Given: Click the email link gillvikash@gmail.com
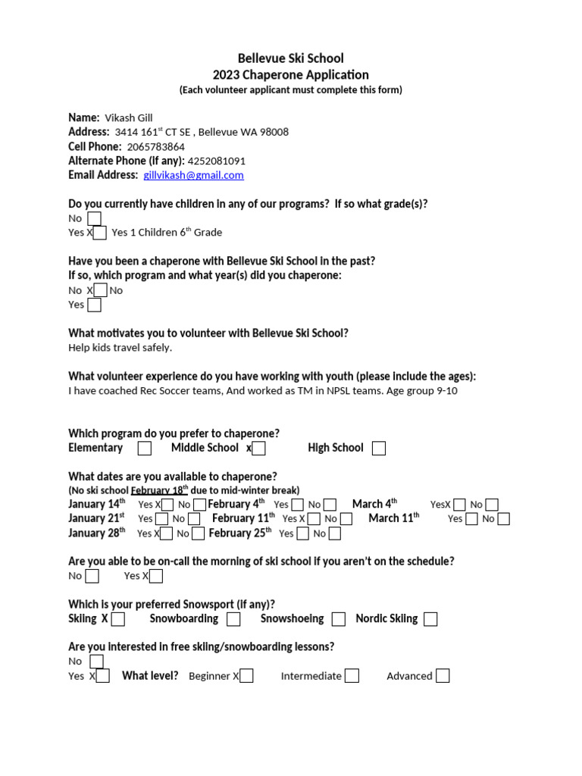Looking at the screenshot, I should pyautogui.click(x=193, y=175).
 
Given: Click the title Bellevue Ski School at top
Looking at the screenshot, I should pyautogui.click(x=291, y=58).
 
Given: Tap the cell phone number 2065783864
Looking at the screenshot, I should pyautogui.click(x=155, y=146).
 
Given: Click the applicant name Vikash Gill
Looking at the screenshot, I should pyautogui.click(x=130, y=117).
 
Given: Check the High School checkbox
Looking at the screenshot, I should pyautogui.click(x=379, y=449).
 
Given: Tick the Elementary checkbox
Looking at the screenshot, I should pyautogui.click(x=145, y=449).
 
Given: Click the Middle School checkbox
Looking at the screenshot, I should pyautogui.click(x=259, y=449).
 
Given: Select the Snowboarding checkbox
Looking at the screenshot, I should pyautogui.click(x=233, y=619).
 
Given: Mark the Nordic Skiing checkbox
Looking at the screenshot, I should pyautogui.click(x=430, y=619).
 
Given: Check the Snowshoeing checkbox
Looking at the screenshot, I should pyautogui.click(x=339, y=619).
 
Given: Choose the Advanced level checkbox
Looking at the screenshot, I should pyautogui.click(x=443, y=676).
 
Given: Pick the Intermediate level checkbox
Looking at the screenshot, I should pyautogui.click(x=352, y=676).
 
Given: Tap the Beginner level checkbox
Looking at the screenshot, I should pyautogui.click(x=247, y=676).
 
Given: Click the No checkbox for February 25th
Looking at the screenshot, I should pyautogui.click(x=334, y=533).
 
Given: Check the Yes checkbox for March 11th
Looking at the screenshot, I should pyautogui.click(x=471, y=519).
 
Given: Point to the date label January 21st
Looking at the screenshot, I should pyautogui.click(x=96, y=519).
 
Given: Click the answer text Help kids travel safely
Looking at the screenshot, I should pyautogui.click(x=120, y=348).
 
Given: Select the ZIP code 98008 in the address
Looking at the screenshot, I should pyautogui.click(x=274, y=132).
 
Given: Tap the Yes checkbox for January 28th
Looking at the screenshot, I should pyautogui.click(x=167, y=533).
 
